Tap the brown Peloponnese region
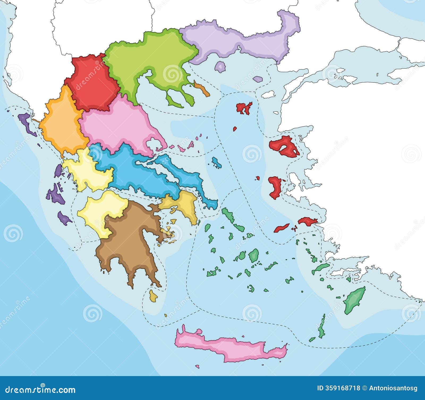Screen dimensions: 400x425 point(127,239)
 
